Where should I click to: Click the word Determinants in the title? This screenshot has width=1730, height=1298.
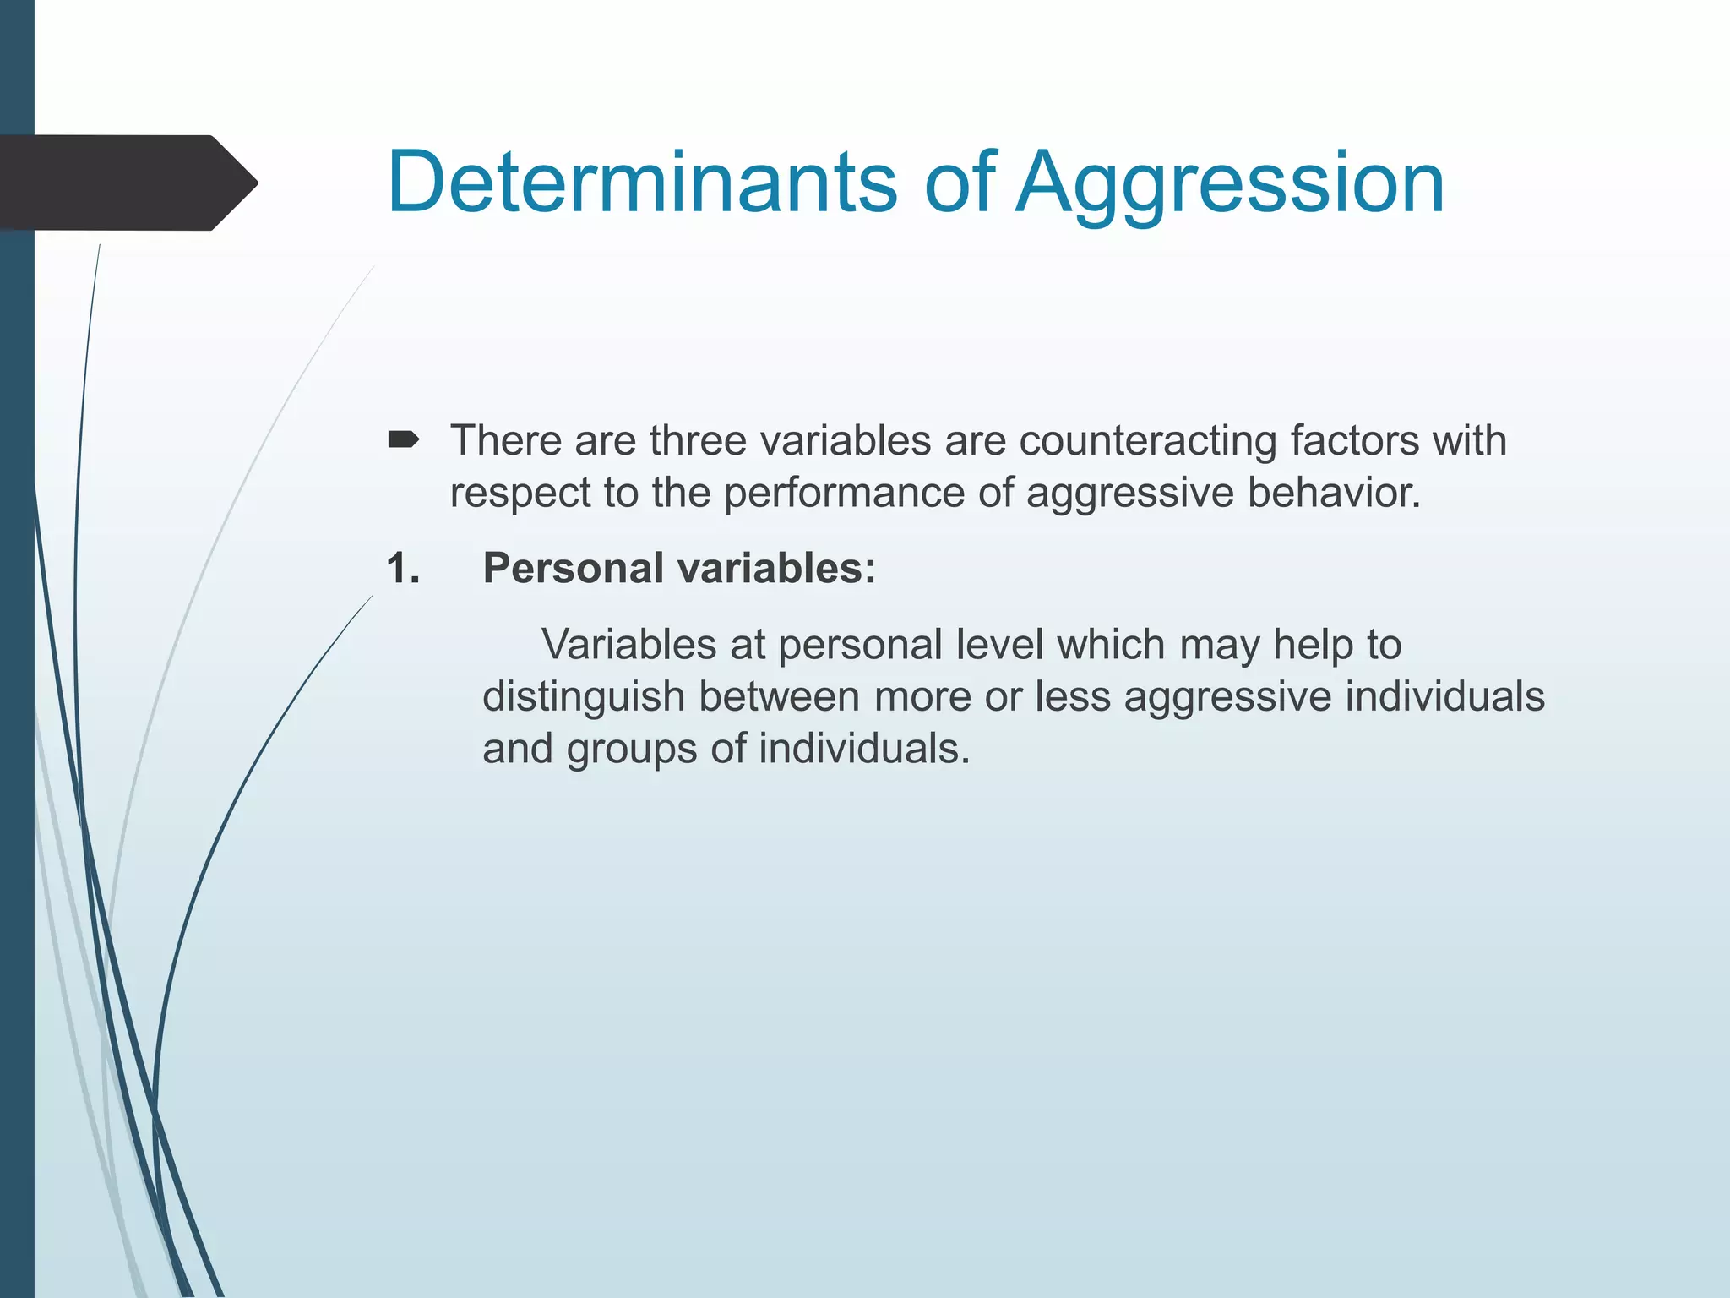pyautogui.click(x=642, y=183)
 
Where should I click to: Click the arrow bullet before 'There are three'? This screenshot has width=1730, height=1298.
pyautogui.click(x=403, y=439)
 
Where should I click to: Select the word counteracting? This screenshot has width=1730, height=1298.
pyautogui.click(x=1148, y=441)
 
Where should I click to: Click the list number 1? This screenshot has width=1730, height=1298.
pyautogui.click(x=402, y=568)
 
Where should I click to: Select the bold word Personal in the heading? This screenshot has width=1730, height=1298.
pyautogui.click(x=573, y=568)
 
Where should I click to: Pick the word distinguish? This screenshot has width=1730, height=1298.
pyautogui.click(x=584, y=698)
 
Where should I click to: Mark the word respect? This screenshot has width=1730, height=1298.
pyautogui.click(x=520, y=494)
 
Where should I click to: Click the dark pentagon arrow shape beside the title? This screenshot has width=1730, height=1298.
pyautogui.click(x=127, y=183)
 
